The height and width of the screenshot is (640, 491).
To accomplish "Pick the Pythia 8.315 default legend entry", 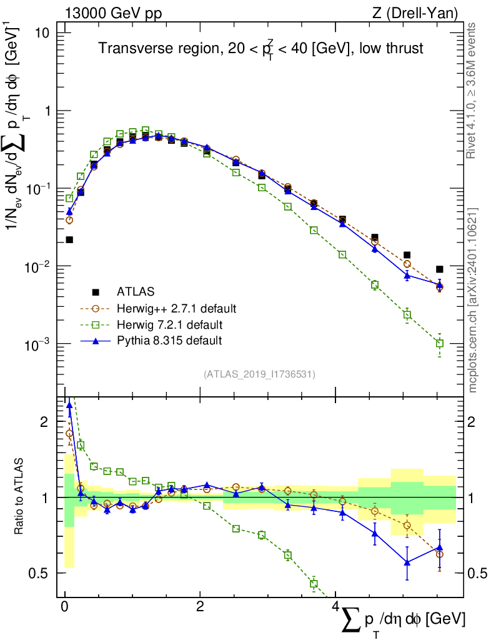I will pos(169,341).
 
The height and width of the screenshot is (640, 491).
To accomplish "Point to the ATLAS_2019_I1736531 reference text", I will pos(259,374).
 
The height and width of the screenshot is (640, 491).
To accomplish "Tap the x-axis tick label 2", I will pos(199,608).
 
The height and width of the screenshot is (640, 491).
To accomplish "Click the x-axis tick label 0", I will pos(64,608).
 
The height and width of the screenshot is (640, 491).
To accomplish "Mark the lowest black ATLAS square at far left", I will pos(69,239).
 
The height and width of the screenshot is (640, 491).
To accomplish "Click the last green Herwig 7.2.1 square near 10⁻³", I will pos(440,343).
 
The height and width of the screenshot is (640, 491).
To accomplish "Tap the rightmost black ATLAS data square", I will pos(440,269).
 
